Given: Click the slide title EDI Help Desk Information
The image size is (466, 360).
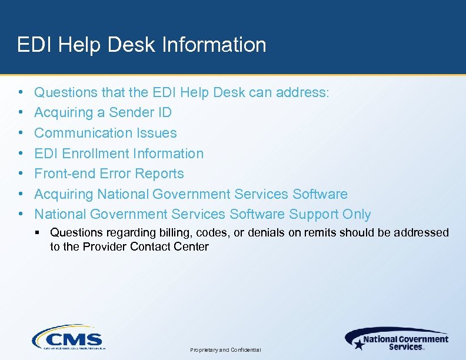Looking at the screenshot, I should point(141,45).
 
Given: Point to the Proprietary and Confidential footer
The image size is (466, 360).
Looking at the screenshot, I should point(226,350).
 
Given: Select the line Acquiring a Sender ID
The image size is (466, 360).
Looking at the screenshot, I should point(103,112).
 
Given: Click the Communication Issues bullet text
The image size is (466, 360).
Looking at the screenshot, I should point(105,133).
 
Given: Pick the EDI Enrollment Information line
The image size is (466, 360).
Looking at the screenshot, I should point(119,154).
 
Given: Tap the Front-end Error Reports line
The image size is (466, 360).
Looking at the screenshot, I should point(109,174).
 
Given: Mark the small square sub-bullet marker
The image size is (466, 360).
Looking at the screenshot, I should point(38,233).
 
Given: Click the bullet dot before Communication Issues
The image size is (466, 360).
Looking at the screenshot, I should point(21,133).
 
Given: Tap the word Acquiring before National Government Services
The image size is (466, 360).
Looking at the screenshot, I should point(64,194).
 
